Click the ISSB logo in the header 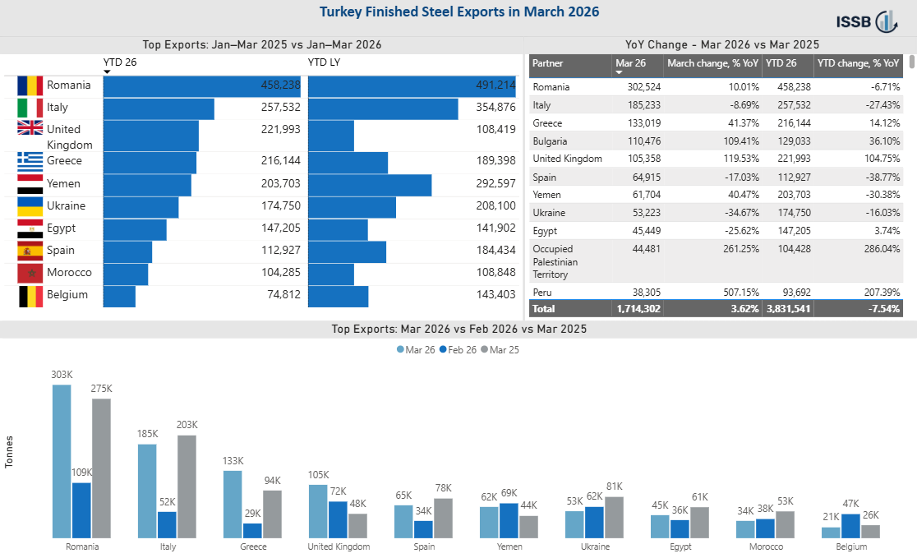(866, 21)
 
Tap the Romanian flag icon (30, 85)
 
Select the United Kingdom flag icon (30, 127)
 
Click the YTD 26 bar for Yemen (147, 185)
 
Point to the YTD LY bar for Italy (383, 108)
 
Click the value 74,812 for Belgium (283, 294)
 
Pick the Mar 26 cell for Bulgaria (644, 141)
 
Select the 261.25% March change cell (741, 248)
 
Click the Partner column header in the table (548, 63)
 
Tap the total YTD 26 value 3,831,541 (788, 308)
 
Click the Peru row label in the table (542, 292)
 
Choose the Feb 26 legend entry (458, 350)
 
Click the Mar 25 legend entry (500, 350)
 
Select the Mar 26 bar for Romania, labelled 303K (62, 462)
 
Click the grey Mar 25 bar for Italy (187, 487)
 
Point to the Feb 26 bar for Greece (252, 531)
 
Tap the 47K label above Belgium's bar (851, 504)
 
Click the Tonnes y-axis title (9, 451)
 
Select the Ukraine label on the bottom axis (596, 546)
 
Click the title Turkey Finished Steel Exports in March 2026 (459, 12)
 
